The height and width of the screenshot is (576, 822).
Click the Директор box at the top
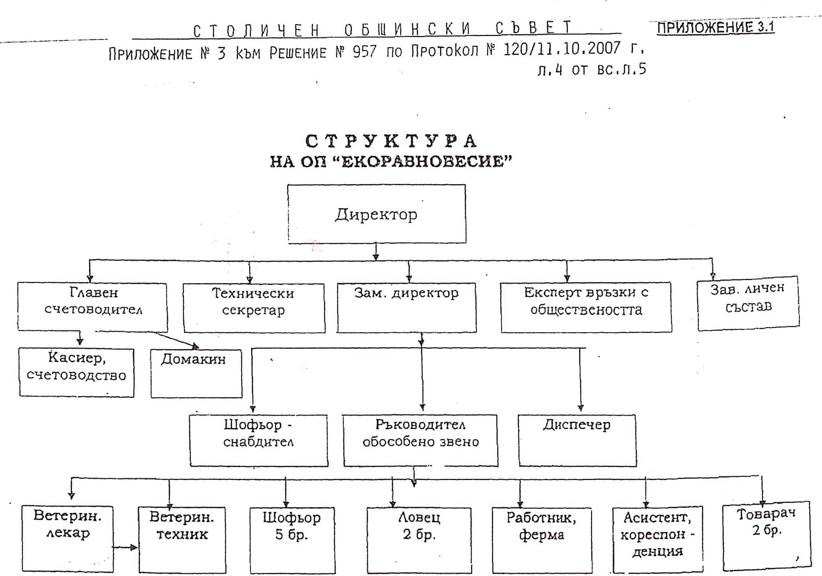click(x=376, y=214)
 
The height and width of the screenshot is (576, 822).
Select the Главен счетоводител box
click(x=93, y=306)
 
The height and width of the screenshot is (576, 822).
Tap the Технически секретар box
click(x=254, y=308)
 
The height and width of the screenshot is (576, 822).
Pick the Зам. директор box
click(x=407, y=307)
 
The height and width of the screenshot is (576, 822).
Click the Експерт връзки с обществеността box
click(x=586, y=307)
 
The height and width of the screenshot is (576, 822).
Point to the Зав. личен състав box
click(x=748, y=303)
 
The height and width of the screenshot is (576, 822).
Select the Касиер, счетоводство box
click(x=77, y=372)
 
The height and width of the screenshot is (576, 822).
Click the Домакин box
click(x=196, y=373)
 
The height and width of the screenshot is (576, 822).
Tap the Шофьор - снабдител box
click(x=259, y=440)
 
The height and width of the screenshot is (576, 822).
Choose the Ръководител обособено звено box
click(x=421, y=440)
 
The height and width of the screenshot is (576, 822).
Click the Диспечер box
click(x=577, y=440)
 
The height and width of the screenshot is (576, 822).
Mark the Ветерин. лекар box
click(x=67, y=538)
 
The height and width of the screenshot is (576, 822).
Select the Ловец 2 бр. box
click(x=419, y=540)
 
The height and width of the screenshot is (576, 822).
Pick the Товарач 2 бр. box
click(x=767, y=536)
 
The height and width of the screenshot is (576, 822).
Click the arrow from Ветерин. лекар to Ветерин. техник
click(x=125, y=548)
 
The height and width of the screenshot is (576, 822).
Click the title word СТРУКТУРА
click(x=391, y=142)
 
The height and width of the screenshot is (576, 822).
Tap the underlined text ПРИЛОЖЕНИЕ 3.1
click(x=715, y=27)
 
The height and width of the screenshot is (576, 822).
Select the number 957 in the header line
click(x=364, y=52)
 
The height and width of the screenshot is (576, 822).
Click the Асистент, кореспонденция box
click(x=657, y=540)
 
